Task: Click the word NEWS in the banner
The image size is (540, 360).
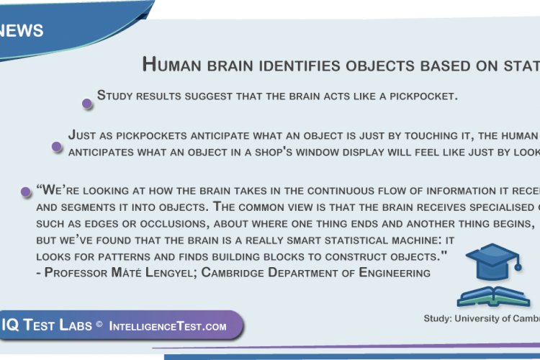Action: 22,30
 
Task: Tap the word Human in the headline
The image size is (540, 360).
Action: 171,65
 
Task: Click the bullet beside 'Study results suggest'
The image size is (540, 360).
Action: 87,104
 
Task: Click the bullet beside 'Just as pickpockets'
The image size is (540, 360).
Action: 57,147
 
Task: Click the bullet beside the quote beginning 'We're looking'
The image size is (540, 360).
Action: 26,192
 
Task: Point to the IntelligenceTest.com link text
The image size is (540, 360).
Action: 168,326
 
